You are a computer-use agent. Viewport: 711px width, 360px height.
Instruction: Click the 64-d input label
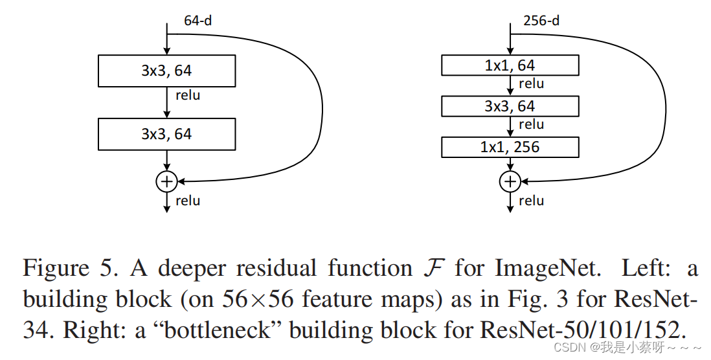tap(198, 20)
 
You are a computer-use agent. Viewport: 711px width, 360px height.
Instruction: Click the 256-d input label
tap(541, 20)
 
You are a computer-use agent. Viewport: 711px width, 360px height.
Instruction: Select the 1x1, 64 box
tap(510, 65)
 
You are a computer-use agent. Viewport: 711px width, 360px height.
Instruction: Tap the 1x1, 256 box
tap(510, 147)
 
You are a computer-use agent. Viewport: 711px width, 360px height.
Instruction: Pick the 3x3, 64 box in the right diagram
tap(510, 106)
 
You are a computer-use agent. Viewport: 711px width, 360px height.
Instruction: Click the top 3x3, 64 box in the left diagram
tap(166, 71)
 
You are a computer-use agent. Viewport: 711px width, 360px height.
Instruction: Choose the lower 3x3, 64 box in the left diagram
tap(166, 134)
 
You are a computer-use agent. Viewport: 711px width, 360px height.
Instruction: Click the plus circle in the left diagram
tap(166, 181)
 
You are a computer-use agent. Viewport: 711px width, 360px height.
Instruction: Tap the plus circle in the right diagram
tap(510, 181)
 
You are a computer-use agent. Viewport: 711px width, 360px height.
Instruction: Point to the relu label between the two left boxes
tap(188, 96)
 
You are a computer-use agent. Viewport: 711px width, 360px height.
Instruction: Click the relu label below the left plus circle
tap(188, 201)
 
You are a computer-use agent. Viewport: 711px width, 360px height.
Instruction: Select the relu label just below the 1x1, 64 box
tap(531, 84)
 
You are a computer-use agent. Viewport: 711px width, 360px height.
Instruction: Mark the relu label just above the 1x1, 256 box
tap(531, 124)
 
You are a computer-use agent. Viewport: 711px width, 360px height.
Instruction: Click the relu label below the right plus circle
tap(531, 201)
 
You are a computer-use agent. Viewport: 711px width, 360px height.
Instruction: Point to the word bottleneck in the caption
tap(229, 331)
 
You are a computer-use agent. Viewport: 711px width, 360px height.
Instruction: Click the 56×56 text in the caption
tap(248, 300)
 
